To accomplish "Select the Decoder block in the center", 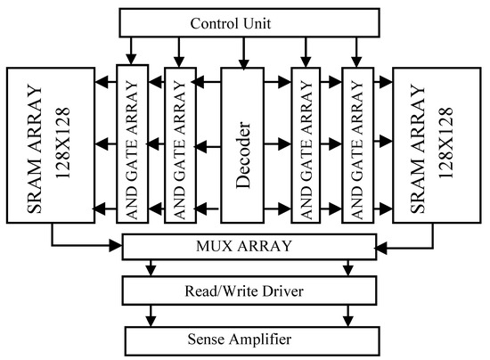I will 244,145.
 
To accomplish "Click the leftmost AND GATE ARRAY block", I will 131,145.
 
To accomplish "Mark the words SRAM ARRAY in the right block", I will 417,144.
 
